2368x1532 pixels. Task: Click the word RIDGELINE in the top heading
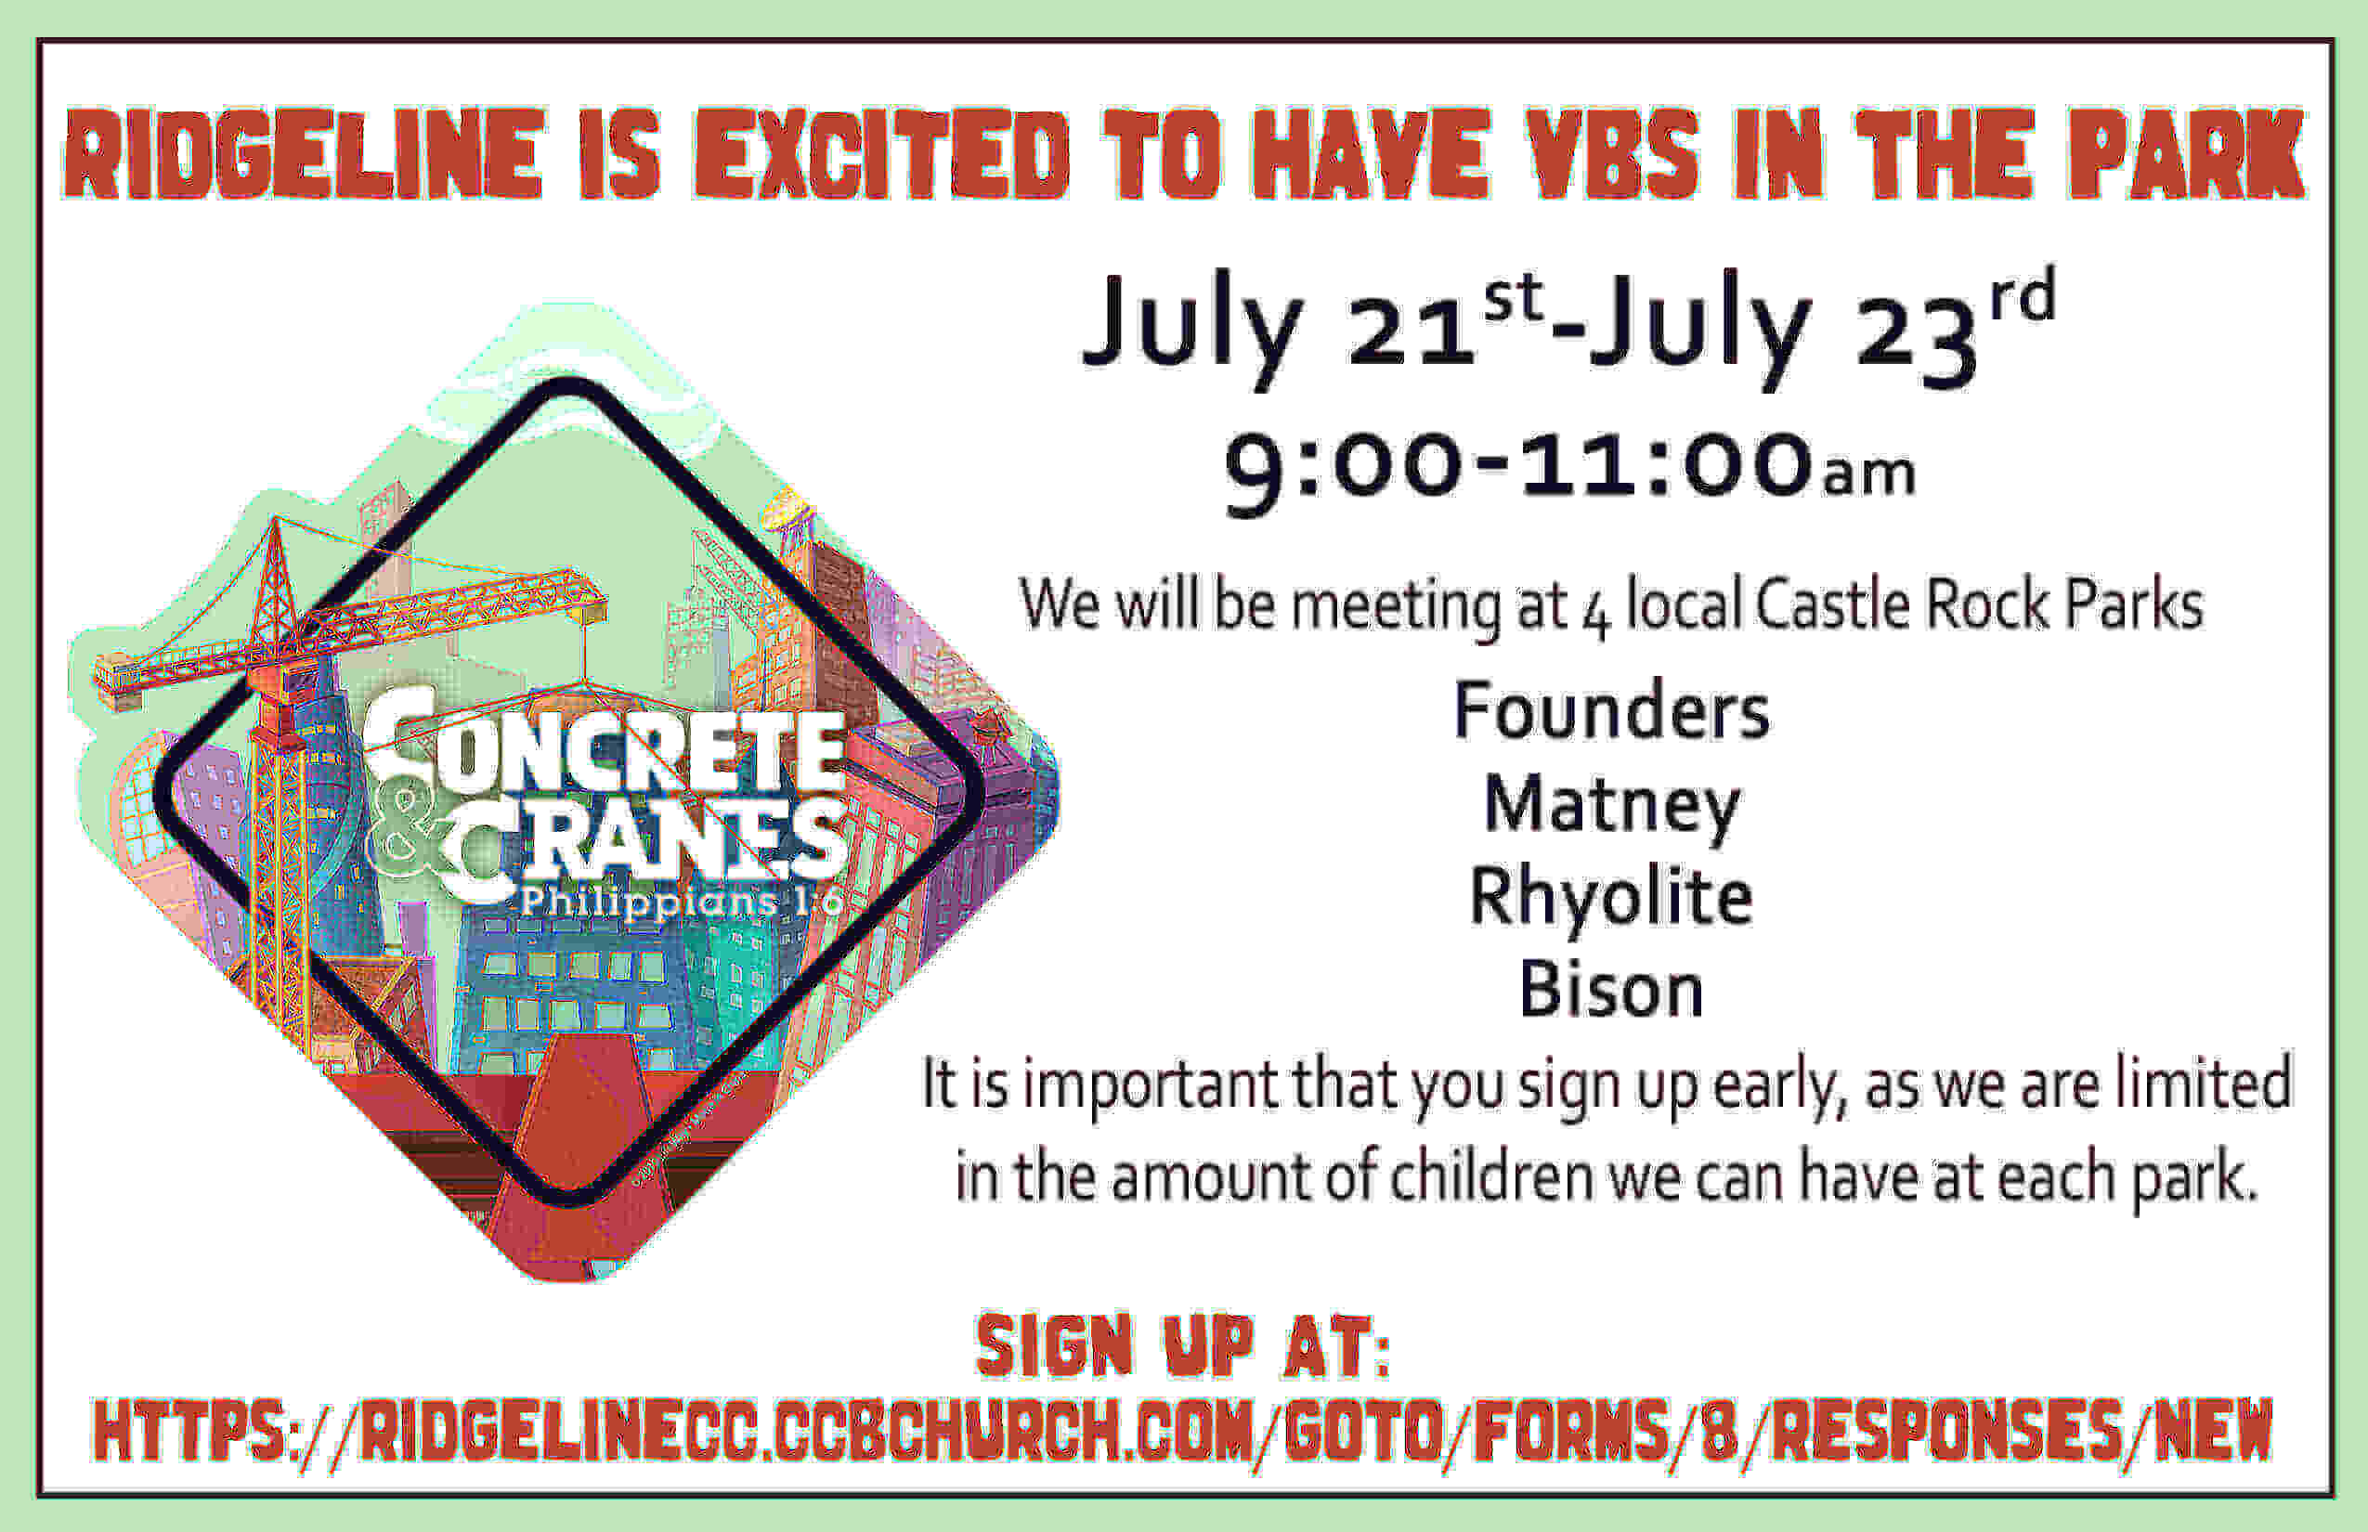[304, 153]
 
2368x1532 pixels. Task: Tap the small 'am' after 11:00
[1868, 475]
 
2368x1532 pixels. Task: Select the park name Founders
[1612, 710]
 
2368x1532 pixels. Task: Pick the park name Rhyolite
[1611, 899]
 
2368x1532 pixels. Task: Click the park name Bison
[1611, 990]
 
